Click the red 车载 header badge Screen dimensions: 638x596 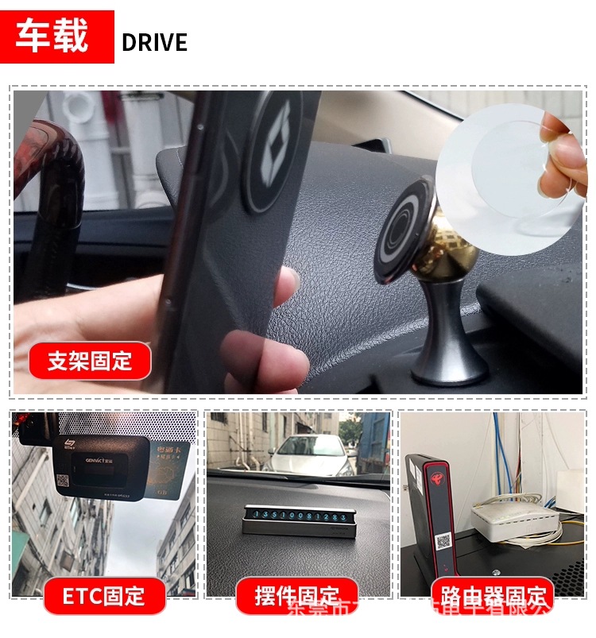(57, 37)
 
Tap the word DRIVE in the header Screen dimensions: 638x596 (155, 42)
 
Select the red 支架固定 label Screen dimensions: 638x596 (90, 361)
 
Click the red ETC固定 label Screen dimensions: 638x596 (104, 595)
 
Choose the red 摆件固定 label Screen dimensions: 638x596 (296, 595)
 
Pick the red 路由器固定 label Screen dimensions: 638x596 (491, 595)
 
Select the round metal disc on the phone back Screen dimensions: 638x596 (272, 151)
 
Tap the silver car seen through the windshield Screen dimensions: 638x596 (306, 455)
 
